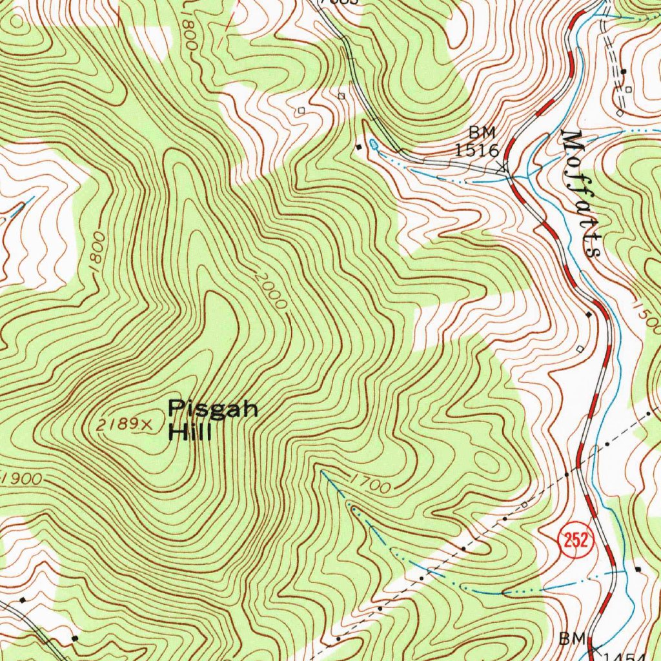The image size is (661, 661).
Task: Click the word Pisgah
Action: tap(213, 409)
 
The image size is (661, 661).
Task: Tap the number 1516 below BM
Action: tap(476, 150)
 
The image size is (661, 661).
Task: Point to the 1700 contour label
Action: tap(371, 483)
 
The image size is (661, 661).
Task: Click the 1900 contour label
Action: tap(22, 478)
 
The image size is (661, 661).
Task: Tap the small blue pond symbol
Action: tap(374, 145)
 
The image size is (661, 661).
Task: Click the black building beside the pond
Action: tap(359, 147)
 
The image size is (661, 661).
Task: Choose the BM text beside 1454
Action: tap(571, 638)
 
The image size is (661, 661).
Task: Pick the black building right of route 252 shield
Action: tap(638, 569)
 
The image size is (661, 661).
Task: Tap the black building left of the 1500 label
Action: tap(588, 314)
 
